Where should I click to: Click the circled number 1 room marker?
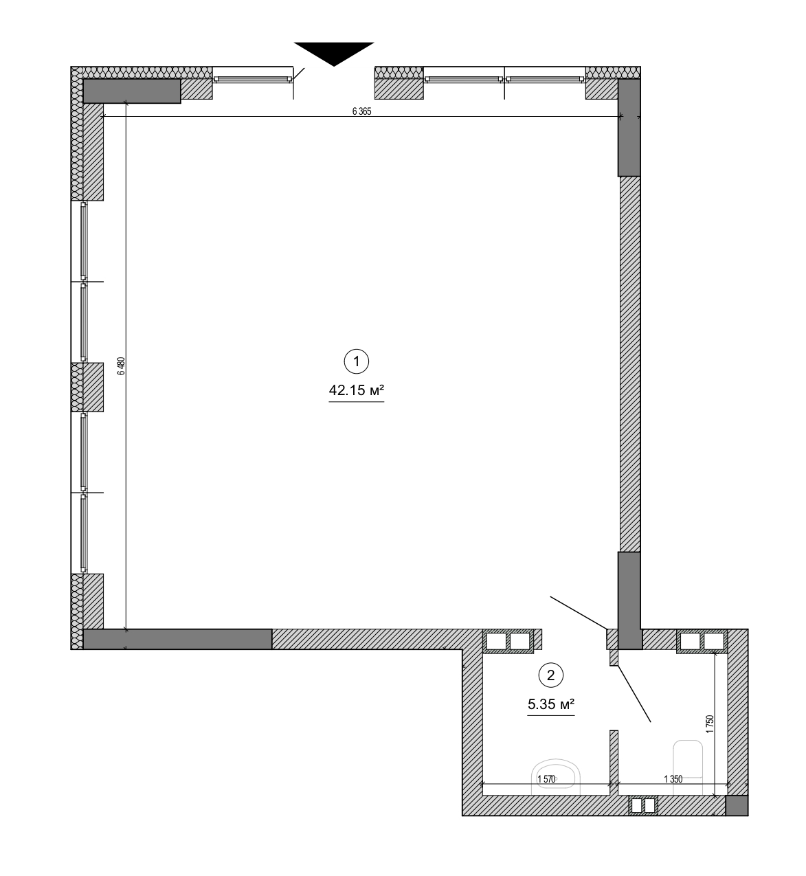click(x=356, y=361)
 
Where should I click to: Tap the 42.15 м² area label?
click(x=356, y=391)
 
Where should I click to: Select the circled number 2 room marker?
click(x=550, y=675)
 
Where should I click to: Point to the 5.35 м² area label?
click(x=550, y=704)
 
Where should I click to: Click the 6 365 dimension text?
click(x=361, y=113)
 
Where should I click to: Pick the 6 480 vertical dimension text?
click(x=121, y=366)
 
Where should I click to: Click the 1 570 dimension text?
click(x=546, y=778)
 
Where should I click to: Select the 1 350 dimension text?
click(x=673, y=778)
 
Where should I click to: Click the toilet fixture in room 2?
click(x=689, y=759)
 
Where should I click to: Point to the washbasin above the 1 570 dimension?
click(x=557, y=775)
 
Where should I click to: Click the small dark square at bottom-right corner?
click(x=737, y=805)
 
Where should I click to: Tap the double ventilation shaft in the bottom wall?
click(x=644, y=805)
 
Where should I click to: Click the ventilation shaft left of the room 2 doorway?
click(x=509, y=641)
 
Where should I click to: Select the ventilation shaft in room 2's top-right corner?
click(x=702, y=641)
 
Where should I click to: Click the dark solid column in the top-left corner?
click(x=131, y=91)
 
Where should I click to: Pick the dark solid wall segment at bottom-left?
click(x=177, y=639)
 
